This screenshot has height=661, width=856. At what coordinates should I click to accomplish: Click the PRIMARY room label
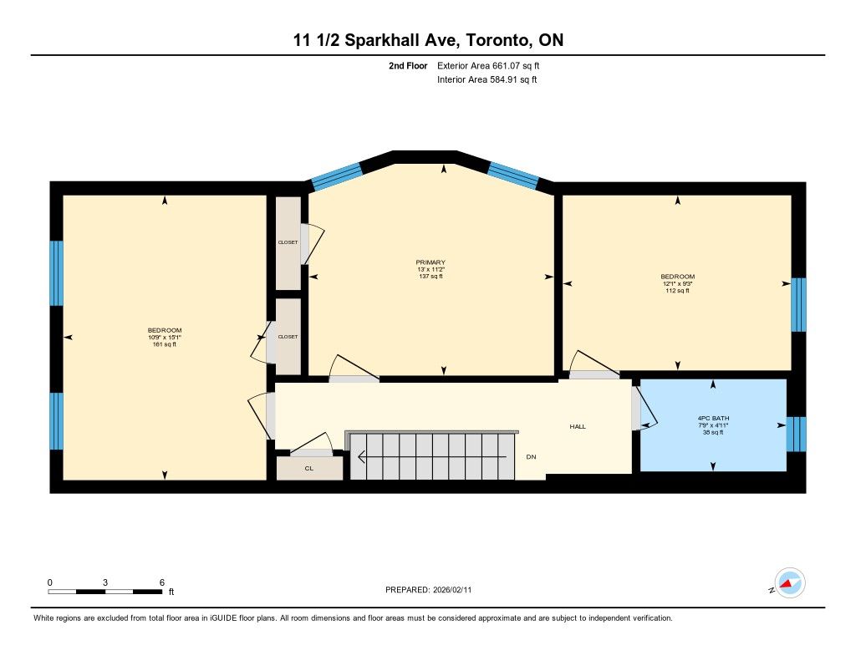pos(431,262)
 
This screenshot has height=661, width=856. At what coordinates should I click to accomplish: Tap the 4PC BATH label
pos(713,418)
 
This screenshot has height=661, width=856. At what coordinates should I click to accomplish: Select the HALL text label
pos(578,426)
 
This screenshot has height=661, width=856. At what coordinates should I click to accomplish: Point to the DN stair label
pos(531,457)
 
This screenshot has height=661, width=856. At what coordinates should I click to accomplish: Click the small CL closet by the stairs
pos(309,468)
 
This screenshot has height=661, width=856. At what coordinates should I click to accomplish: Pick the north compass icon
pos(789,583)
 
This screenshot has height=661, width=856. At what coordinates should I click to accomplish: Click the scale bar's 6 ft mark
pos(161,582)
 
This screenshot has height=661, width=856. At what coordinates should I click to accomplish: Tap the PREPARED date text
pos(429,589)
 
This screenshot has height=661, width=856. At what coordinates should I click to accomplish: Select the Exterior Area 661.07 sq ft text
pos(488,65)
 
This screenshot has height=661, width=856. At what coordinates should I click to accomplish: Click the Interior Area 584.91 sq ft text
pos(487,79)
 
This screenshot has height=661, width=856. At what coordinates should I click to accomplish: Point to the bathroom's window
pos(796,435)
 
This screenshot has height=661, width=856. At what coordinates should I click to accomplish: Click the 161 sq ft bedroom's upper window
pos(57,273)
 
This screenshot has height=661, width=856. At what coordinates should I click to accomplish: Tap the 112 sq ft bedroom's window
pos(798,304)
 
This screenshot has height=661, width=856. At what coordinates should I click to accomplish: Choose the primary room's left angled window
pos(337,175)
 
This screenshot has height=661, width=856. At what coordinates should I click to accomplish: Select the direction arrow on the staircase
pos(431,456)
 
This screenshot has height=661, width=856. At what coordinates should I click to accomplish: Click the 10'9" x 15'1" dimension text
pos(165,338)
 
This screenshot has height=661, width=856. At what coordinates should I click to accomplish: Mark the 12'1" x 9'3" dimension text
pos(677,284)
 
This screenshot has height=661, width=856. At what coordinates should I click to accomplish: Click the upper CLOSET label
pos(288,242)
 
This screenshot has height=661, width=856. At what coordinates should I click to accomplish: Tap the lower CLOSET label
pos(288,337)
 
